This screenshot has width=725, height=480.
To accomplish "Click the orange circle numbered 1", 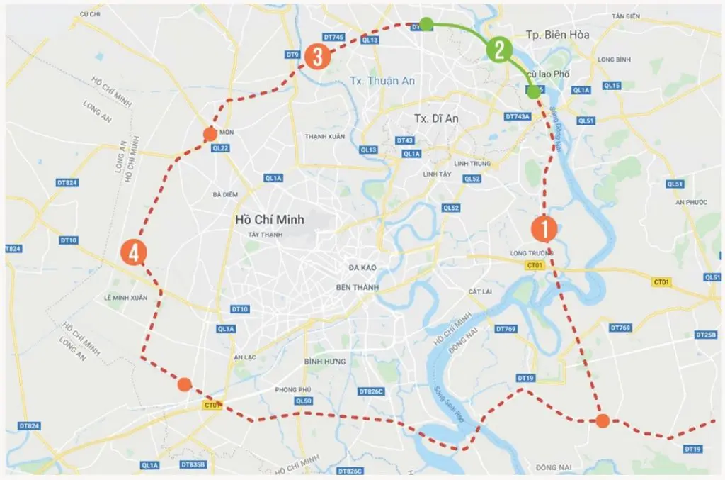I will tap(544, 229).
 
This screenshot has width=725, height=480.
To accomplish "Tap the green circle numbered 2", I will tap(498, 50).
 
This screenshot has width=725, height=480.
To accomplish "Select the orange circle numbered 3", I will tap(318, 57).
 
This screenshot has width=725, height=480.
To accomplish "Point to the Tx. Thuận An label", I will tap(383, 81).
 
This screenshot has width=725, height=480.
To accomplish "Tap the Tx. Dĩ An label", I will tap(436, 118).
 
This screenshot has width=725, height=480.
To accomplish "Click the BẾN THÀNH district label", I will tap(358, 286).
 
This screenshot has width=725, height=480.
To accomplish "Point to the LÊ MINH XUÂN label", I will tap(125, 298).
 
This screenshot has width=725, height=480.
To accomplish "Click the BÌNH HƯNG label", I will tap(326, 362).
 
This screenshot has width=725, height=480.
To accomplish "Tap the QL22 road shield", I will tap(220, 147).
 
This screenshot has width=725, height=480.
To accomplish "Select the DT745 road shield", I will tap(333, 37).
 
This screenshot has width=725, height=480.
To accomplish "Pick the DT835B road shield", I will tap(192, 464).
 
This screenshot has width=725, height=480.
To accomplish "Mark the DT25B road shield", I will tap(706, 335).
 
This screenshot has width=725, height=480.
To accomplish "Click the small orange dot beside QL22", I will tap(210, 133).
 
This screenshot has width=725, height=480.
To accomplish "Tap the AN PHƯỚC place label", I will tap(692, 202).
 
